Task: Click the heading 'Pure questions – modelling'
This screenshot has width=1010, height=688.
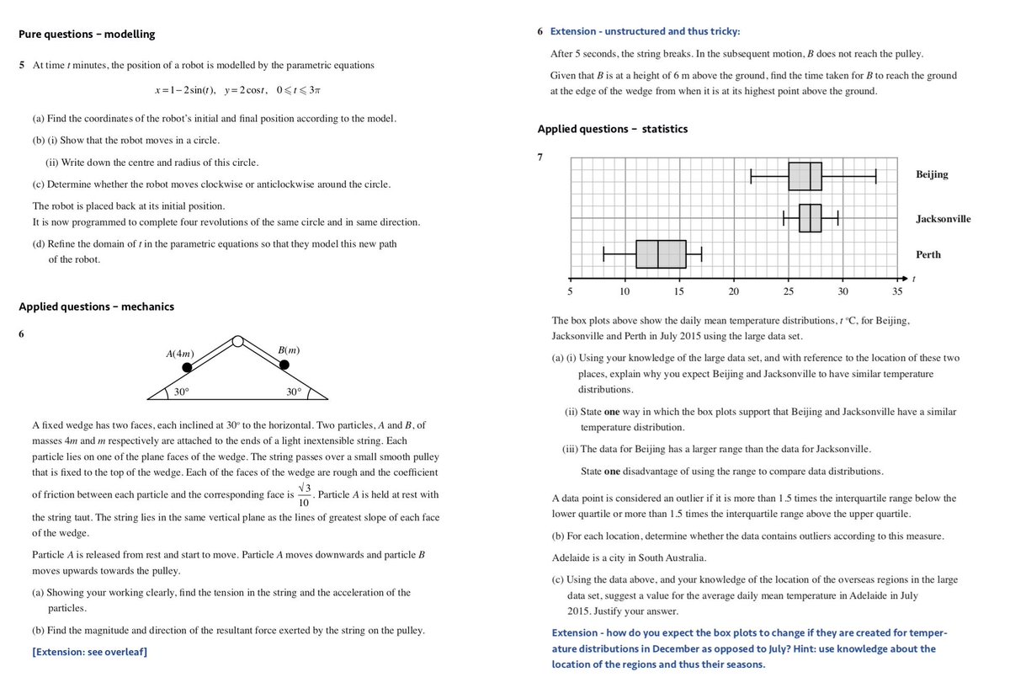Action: click(87, 35)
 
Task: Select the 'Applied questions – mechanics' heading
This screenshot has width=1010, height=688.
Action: click(96, 307)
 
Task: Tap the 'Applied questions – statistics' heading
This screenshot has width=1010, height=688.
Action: click(612, 129)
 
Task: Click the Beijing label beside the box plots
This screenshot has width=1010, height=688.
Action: click(931, 174)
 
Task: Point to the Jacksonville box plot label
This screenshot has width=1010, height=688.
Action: click(943, 219)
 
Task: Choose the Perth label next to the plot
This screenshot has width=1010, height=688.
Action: click(928, 254)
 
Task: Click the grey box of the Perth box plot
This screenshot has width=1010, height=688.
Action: click(661, 253)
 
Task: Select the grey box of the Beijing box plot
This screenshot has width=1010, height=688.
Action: click(805, 176)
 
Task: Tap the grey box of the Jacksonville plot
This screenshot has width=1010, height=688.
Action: click(810, 218)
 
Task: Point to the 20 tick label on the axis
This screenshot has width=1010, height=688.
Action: click(733, 291)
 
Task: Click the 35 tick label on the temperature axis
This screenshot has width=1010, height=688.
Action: click(897, 291)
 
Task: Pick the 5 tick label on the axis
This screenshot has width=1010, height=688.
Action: click(570, 291)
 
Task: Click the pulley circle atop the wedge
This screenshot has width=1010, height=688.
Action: click(238, 342)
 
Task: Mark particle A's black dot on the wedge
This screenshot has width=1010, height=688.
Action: click(188, 367)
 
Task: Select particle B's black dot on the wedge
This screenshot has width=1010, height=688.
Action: click(284, 365)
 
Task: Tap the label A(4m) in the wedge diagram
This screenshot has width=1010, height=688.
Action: click(181, 354)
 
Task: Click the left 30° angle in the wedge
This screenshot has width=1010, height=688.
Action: click(181, 392)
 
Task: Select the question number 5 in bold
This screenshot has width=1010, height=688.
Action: click(22, 65)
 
